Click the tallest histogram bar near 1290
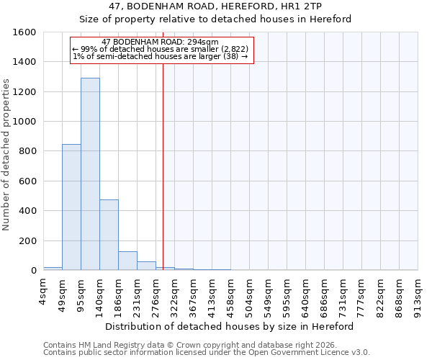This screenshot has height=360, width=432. coord(90,174)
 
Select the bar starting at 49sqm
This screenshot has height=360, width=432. coord(71,207)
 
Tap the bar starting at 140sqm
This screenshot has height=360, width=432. coord(109,235)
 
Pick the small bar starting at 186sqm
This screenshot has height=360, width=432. coord(127,261)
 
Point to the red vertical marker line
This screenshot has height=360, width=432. coord(163,166)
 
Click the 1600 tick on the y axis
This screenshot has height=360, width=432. coord(24,32)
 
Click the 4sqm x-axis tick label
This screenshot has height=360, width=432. coord(43,291)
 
